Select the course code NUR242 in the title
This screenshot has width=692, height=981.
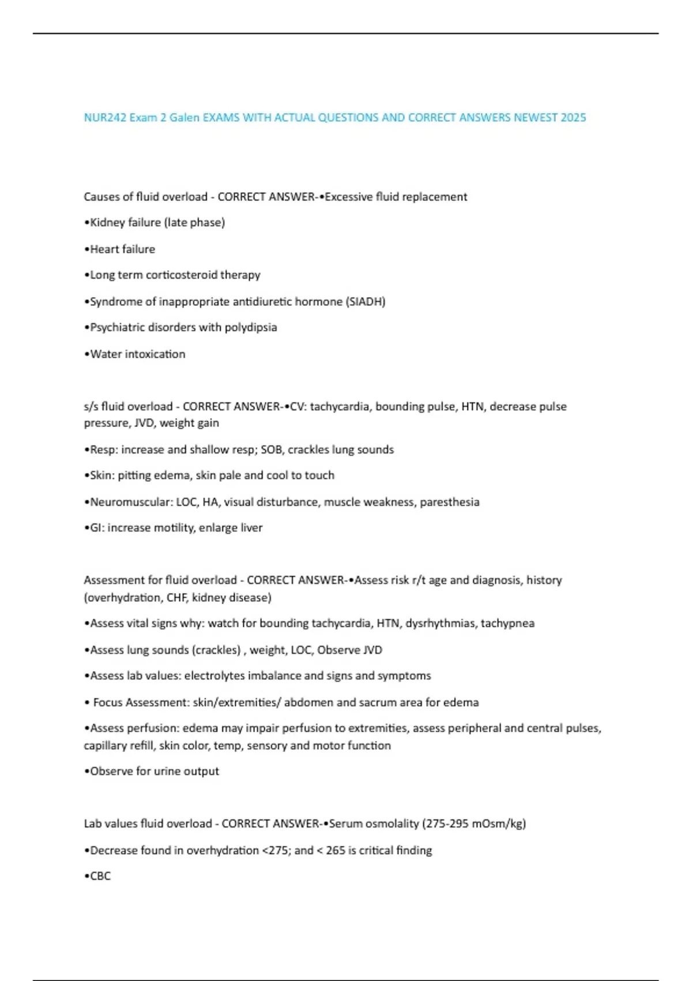coord(105,118)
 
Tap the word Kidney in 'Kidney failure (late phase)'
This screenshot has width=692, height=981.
coord(107,222)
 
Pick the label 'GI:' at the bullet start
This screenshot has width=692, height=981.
coord(97,527)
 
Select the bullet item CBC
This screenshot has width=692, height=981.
coord(100,875)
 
